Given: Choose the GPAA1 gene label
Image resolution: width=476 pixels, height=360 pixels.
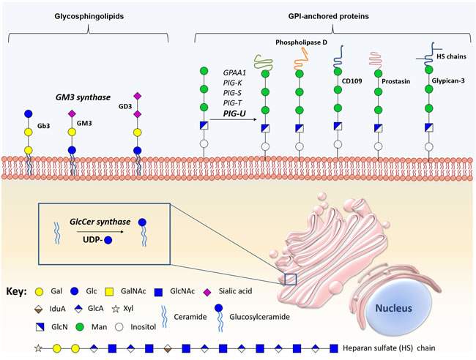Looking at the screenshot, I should pyautogui.click(x=235, y=72).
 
